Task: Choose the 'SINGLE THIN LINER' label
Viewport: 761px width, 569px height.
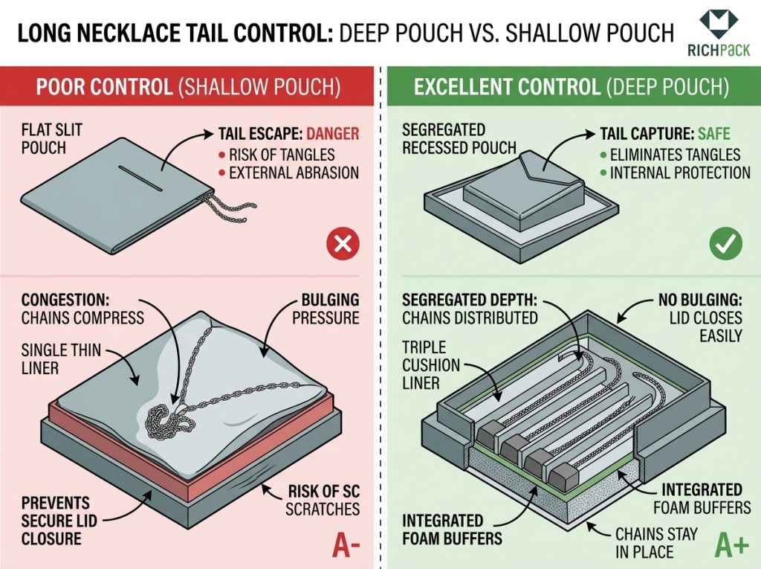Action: [51, 358]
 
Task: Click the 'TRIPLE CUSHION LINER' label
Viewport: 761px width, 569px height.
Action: [431, 364]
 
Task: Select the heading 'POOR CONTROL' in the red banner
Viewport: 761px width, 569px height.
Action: [104, 87]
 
